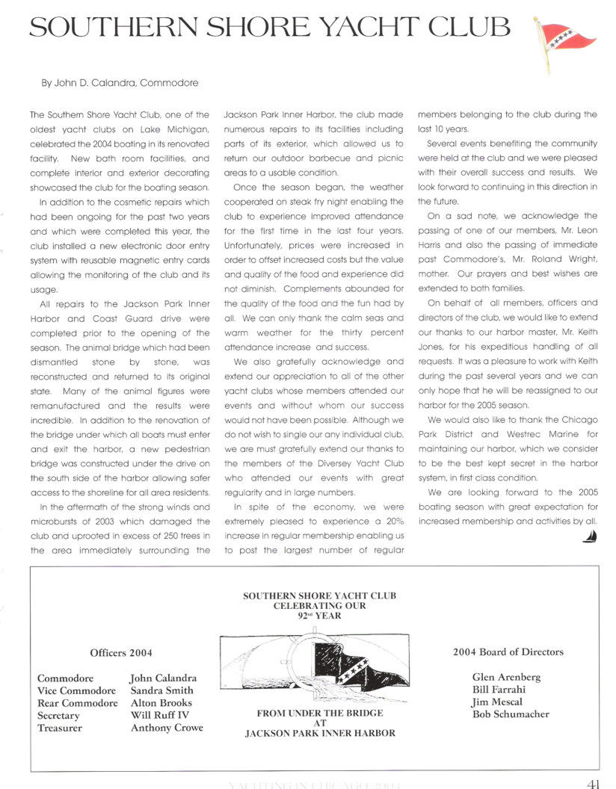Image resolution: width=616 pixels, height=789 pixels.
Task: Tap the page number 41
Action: (595, 782)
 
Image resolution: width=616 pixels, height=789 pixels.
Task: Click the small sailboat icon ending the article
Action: (591, 536)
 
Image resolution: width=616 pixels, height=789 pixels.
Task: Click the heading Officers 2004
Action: (121, 652)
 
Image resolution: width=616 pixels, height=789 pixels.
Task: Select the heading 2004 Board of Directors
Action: (508, 652)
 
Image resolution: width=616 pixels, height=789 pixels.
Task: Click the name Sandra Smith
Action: (161, 690)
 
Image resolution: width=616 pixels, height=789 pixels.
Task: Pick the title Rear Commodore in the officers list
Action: (77, 703)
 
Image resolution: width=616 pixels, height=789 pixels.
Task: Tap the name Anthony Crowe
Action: (167, 728)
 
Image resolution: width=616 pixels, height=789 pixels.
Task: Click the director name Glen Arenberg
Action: (506, 677)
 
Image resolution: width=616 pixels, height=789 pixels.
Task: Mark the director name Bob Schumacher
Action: (511, 714)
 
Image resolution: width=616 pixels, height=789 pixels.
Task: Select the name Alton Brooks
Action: (161, 703)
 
